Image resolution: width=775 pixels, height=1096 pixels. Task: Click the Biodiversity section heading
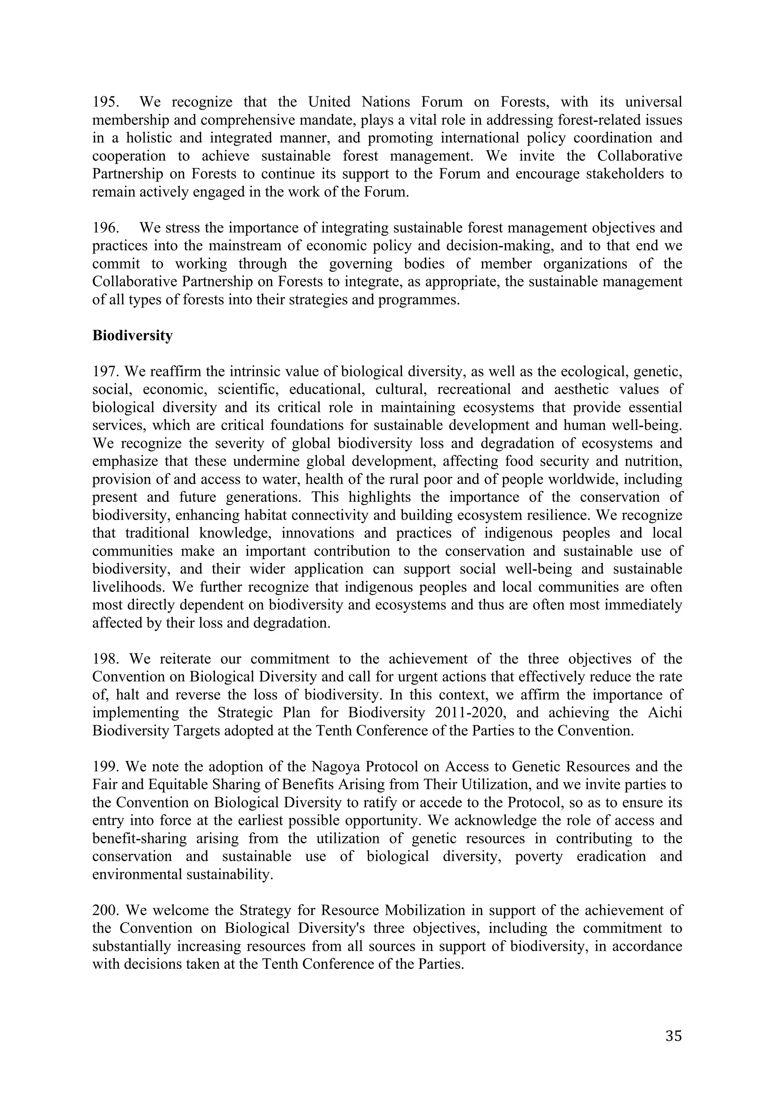pyautogui.click(x=132, y=335)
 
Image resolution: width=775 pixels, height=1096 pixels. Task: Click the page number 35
pyautogui.click(x=673, y=1035)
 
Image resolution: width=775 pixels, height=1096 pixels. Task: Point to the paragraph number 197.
pyautogui.click(x=105, y=371)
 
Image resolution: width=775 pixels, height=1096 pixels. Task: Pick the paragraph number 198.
pyautogui.click(x=105, y=659)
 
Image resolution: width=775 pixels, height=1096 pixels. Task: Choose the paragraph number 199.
pyautogui.click(x=105, y=767)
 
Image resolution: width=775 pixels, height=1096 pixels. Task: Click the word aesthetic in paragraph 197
pyautogui.click(x=582, y=390)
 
